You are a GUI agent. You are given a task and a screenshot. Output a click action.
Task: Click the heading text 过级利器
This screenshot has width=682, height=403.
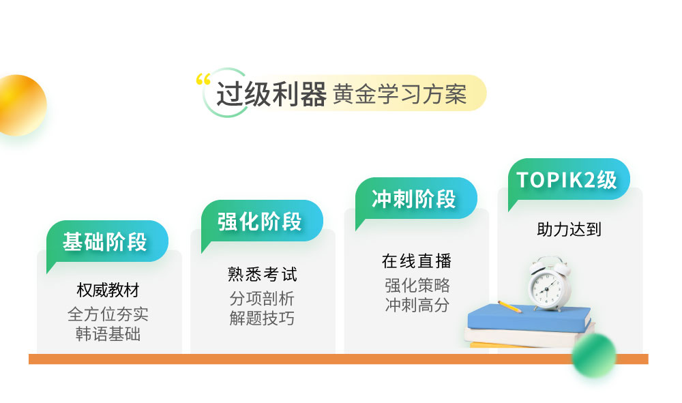click(x=271, y=94)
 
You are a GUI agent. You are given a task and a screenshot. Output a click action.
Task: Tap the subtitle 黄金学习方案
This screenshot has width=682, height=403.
click(x=400, y=94)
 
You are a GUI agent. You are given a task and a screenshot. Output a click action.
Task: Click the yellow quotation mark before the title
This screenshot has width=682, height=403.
click(x=203, y=79)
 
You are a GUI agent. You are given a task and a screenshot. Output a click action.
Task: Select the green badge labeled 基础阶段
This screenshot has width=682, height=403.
click(x=107, y=243)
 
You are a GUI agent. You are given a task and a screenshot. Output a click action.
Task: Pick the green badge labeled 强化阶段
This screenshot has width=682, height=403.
click(x=261, y=222)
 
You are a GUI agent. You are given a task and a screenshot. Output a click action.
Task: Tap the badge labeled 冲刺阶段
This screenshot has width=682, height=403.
click(x=416, y=200)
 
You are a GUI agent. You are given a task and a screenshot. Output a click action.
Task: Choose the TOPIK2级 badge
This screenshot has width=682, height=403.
click(x=569, y=180)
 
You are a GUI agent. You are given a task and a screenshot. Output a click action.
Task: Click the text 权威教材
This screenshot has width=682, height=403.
click(x=108, y=290)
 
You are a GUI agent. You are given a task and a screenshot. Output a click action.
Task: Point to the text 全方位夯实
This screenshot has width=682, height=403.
click(x=108, y=314)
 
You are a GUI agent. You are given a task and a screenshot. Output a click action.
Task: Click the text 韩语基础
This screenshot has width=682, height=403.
click(x=108, y=334)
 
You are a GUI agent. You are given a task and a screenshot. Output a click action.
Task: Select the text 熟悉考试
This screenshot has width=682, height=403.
click(x=263, y=275)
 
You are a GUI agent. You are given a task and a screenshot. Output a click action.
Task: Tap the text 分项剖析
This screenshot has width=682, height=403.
click(x=263, y=299)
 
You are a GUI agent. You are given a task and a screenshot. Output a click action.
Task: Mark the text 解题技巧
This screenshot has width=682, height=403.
click(x=263, y=318)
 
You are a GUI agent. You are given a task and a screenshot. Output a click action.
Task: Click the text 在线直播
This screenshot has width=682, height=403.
click(x=417, y=261)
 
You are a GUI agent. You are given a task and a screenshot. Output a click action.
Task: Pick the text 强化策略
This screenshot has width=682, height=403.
click(x=417, y=286)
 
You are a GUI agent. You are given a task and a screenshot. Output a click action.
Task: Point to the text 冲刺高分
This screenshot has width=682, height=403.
click(x=417, y=305)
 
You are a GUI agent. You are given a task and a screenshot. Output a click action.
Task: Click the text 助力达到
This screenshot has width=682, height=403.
click(x=569, y=230)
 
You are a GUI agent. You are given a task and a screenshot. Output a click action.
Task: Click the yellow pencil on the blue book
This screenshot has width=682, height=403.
click(x=509, y=306)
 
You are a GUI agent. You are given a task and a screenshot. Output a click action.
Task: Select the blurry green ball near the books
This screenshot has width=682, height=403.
click(x=593, y=355)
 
